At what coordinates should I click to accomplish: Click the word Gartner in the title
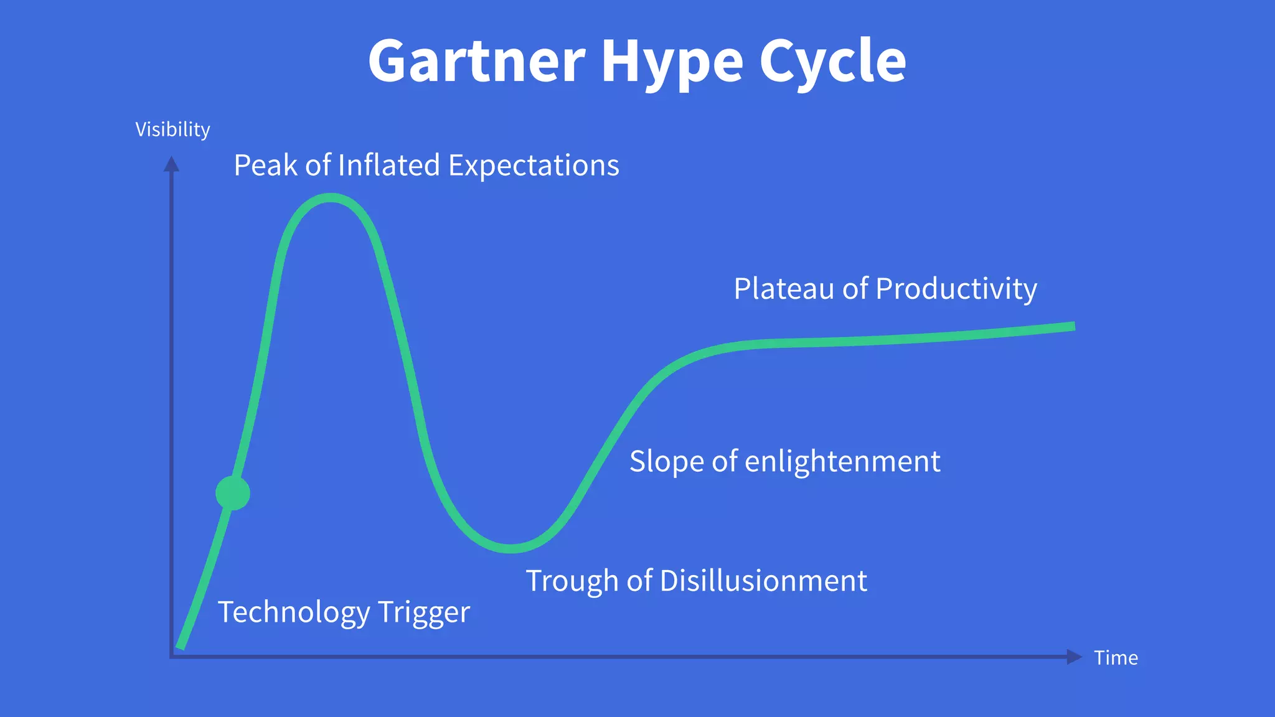477,61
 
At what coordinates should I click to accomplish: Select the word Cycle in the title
832,62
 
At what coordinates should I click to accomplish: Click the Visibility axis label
172,129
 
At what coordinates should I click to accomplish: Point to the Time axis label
1116,658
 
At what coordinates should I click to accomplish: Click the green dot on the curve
233,493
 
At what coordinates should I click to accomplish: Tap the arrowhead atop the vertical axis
171,164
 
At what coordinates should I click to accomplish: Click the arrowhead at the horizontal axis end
1074,657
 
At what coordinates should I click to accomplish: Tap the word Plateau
783,289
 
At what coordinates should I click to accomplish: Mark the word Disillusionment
763,581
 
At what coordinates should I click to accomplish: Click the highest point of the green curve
331,198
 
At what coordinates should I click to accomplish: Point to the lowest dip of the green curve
510,548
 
